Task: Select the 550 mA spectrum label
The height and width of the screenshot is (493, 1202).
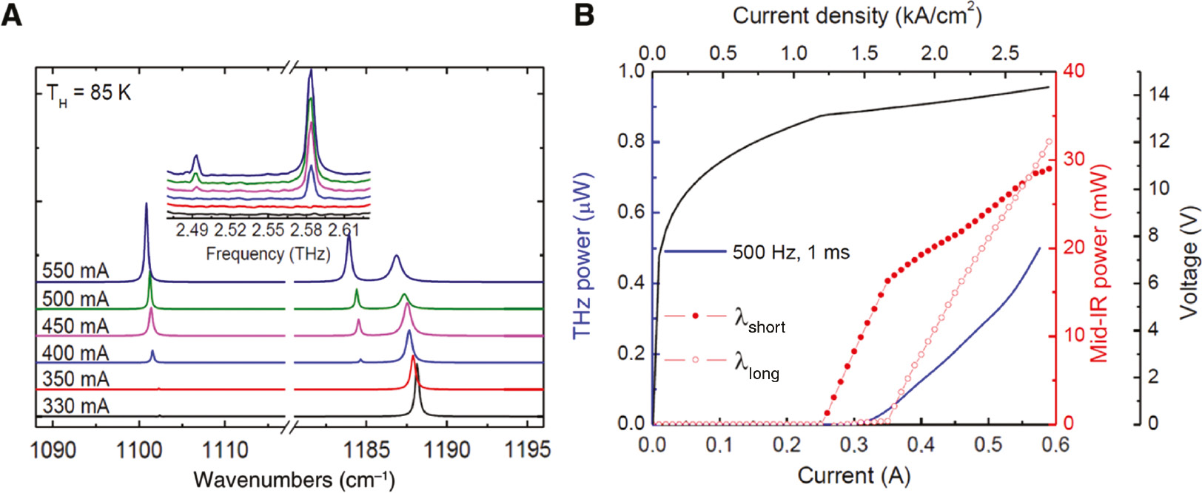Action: pyautogui.click(x=75, y=271)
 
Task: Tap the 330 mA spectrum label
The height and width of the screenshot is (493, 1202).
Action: pyautogui.click(x=75, y=406)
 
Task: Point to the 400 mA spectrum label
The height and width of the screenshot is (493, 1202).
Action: pyautogui.click(x=75, y=353)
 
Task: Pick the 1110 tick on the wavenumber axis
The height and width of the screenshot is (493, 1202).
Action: pyautogui.click(x=225, y=449)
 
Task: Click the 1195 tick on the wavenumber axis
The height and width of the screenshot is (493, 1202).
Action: pyautogui.click(x=527, y=449)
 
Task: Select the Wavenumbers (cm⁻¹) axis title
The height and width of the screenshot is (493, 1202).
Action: pyautogui.click(x=294, y=480)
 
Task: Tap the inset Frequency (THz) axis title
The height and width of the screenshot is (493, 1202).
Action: pyautogui.click(x=268, y=254)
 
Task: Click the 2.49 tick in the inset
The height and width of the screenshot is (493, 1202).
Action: pyautogui.click(x=192, y=231)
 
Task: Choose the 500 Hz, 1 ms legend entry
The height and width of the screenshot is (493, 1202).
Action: pyautogui.click(x=790, y=252)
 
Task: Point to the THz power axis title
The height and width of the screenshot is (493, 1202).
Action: pyautogui.click(x=583, y=256)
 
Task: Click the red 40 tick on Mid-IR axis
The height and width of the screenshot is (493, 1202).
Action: pyautogui.click(x=1073, y=71)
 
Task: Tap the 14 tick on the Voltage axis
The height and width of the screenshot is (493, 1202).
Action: pyautogui.click(x=1160, y=95)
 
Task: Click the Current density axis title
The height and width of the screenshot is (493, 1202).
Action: pyautogui.click(x=857, y=16)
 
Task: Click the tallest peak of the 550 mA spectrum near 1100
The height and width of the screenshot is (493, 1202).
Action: pyautogui.click(x=146, y=205)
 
